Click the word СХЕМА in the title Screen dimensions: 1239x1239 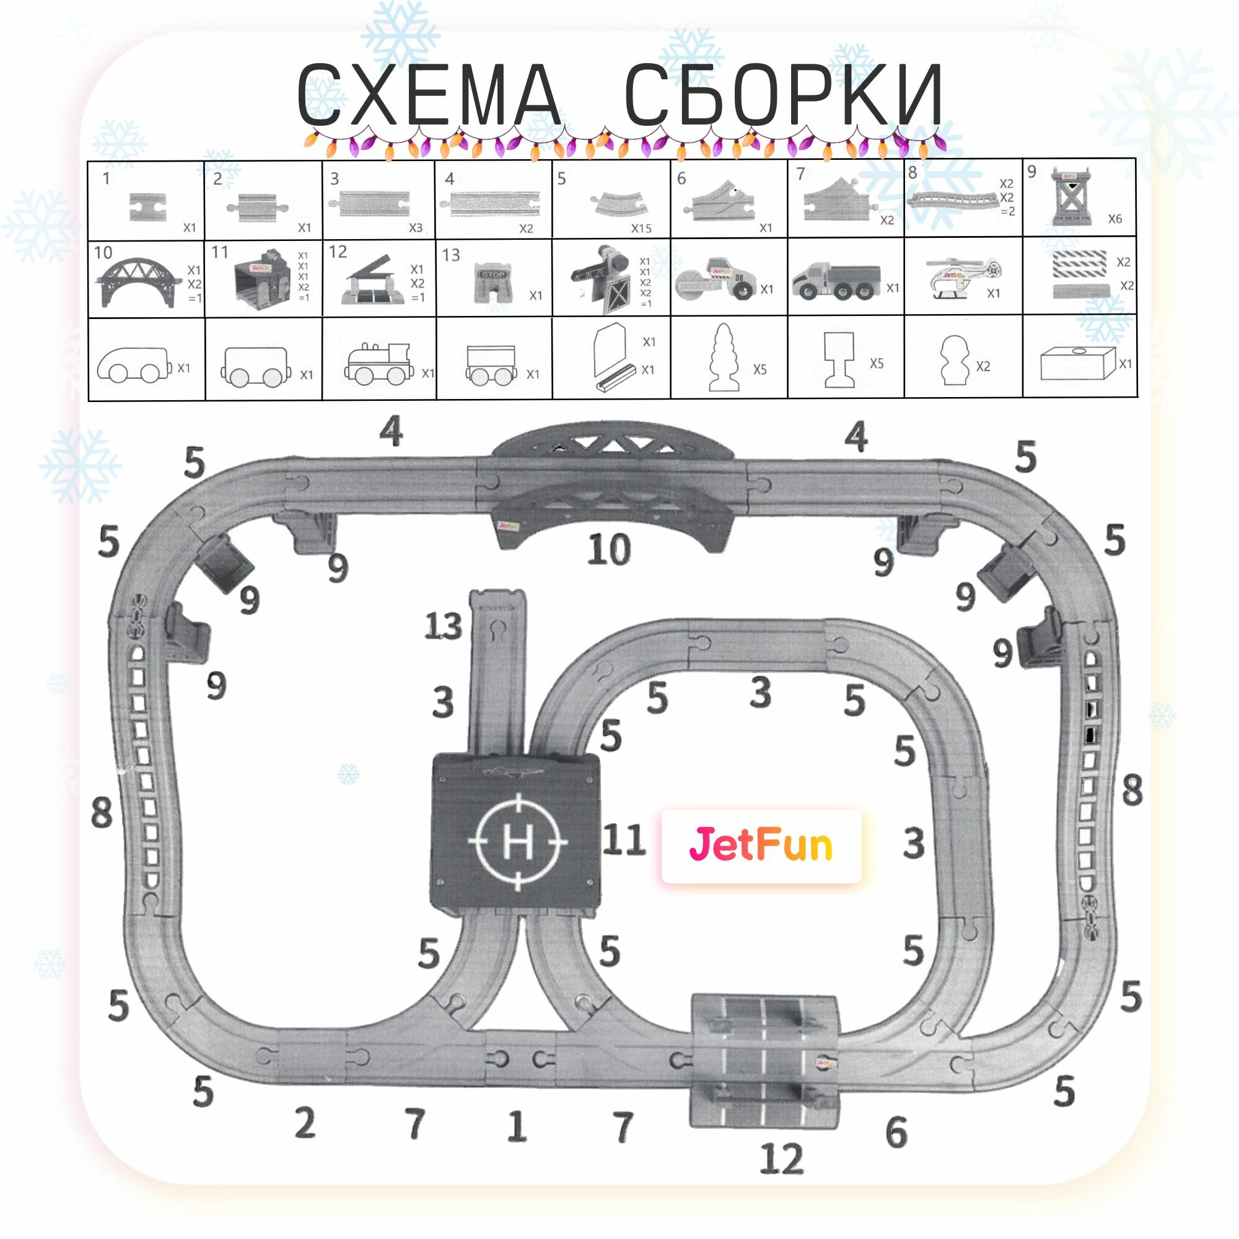pos(429,95)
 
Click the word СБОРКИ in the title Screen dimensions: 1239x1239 pos(784,95)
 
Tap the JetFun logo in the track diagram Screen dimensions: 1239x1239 pos(761,845)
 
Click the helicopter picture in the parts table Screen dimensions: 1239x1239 pos(960,278)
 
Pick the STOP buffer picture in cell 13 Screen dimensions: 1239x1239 pos(494,284)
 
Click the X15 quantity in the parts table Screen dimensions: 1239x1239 pos(641,229)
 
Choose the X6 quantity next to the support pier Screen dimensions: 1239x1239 pos(1115,219)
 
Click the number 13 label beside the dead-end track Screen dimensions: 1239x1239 pos(443,626)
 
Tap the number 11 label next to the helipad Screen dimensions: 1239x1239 pos(623,840)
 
